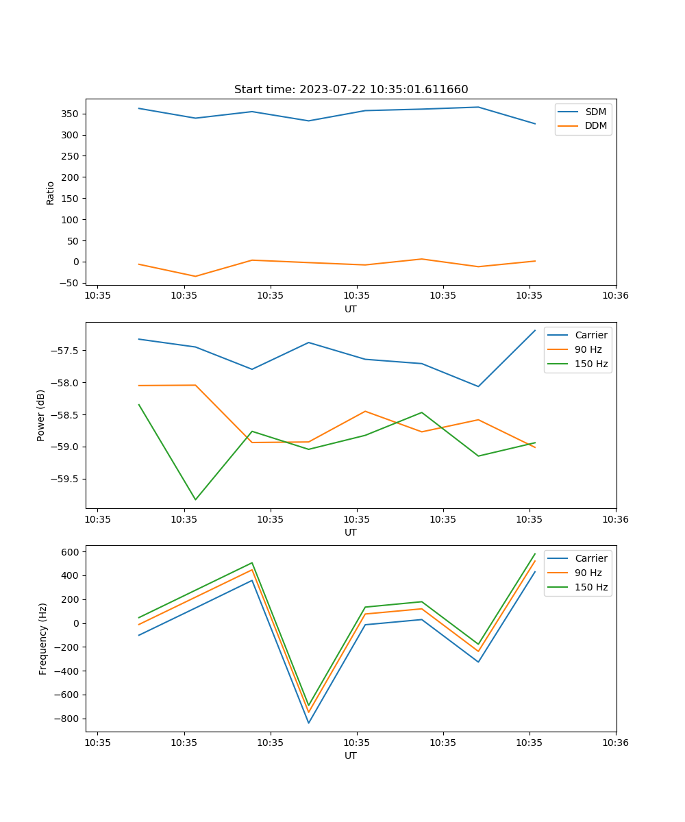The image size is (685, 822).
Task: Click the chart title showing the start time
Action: [351, 90]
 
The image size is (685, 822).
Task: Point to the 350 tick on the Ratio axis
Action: [71, 114]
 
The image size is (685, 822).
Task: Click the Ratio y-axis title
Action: [50, 192]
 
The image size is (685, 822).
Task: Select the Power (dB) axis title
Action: [41, 415]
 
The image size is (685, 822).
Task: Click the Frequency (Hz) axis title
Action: [43, 638]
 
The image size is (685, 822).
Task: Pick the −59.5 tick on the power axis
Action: [65, 479]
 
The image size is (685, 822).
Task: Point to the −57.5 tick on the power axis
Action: [65, 351]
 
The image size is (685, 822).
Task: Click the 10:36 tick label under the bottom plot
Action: [615, 742]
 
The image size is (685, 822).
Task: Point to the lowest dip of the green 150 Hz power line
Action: [195, 499]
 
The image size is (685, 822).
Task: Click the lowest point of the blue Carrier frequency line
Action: [308, 723]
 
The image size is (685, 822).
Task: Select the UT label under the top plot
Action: [351, 309]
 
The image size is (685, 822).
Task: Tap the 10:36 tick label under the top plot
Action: [615, 295]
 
